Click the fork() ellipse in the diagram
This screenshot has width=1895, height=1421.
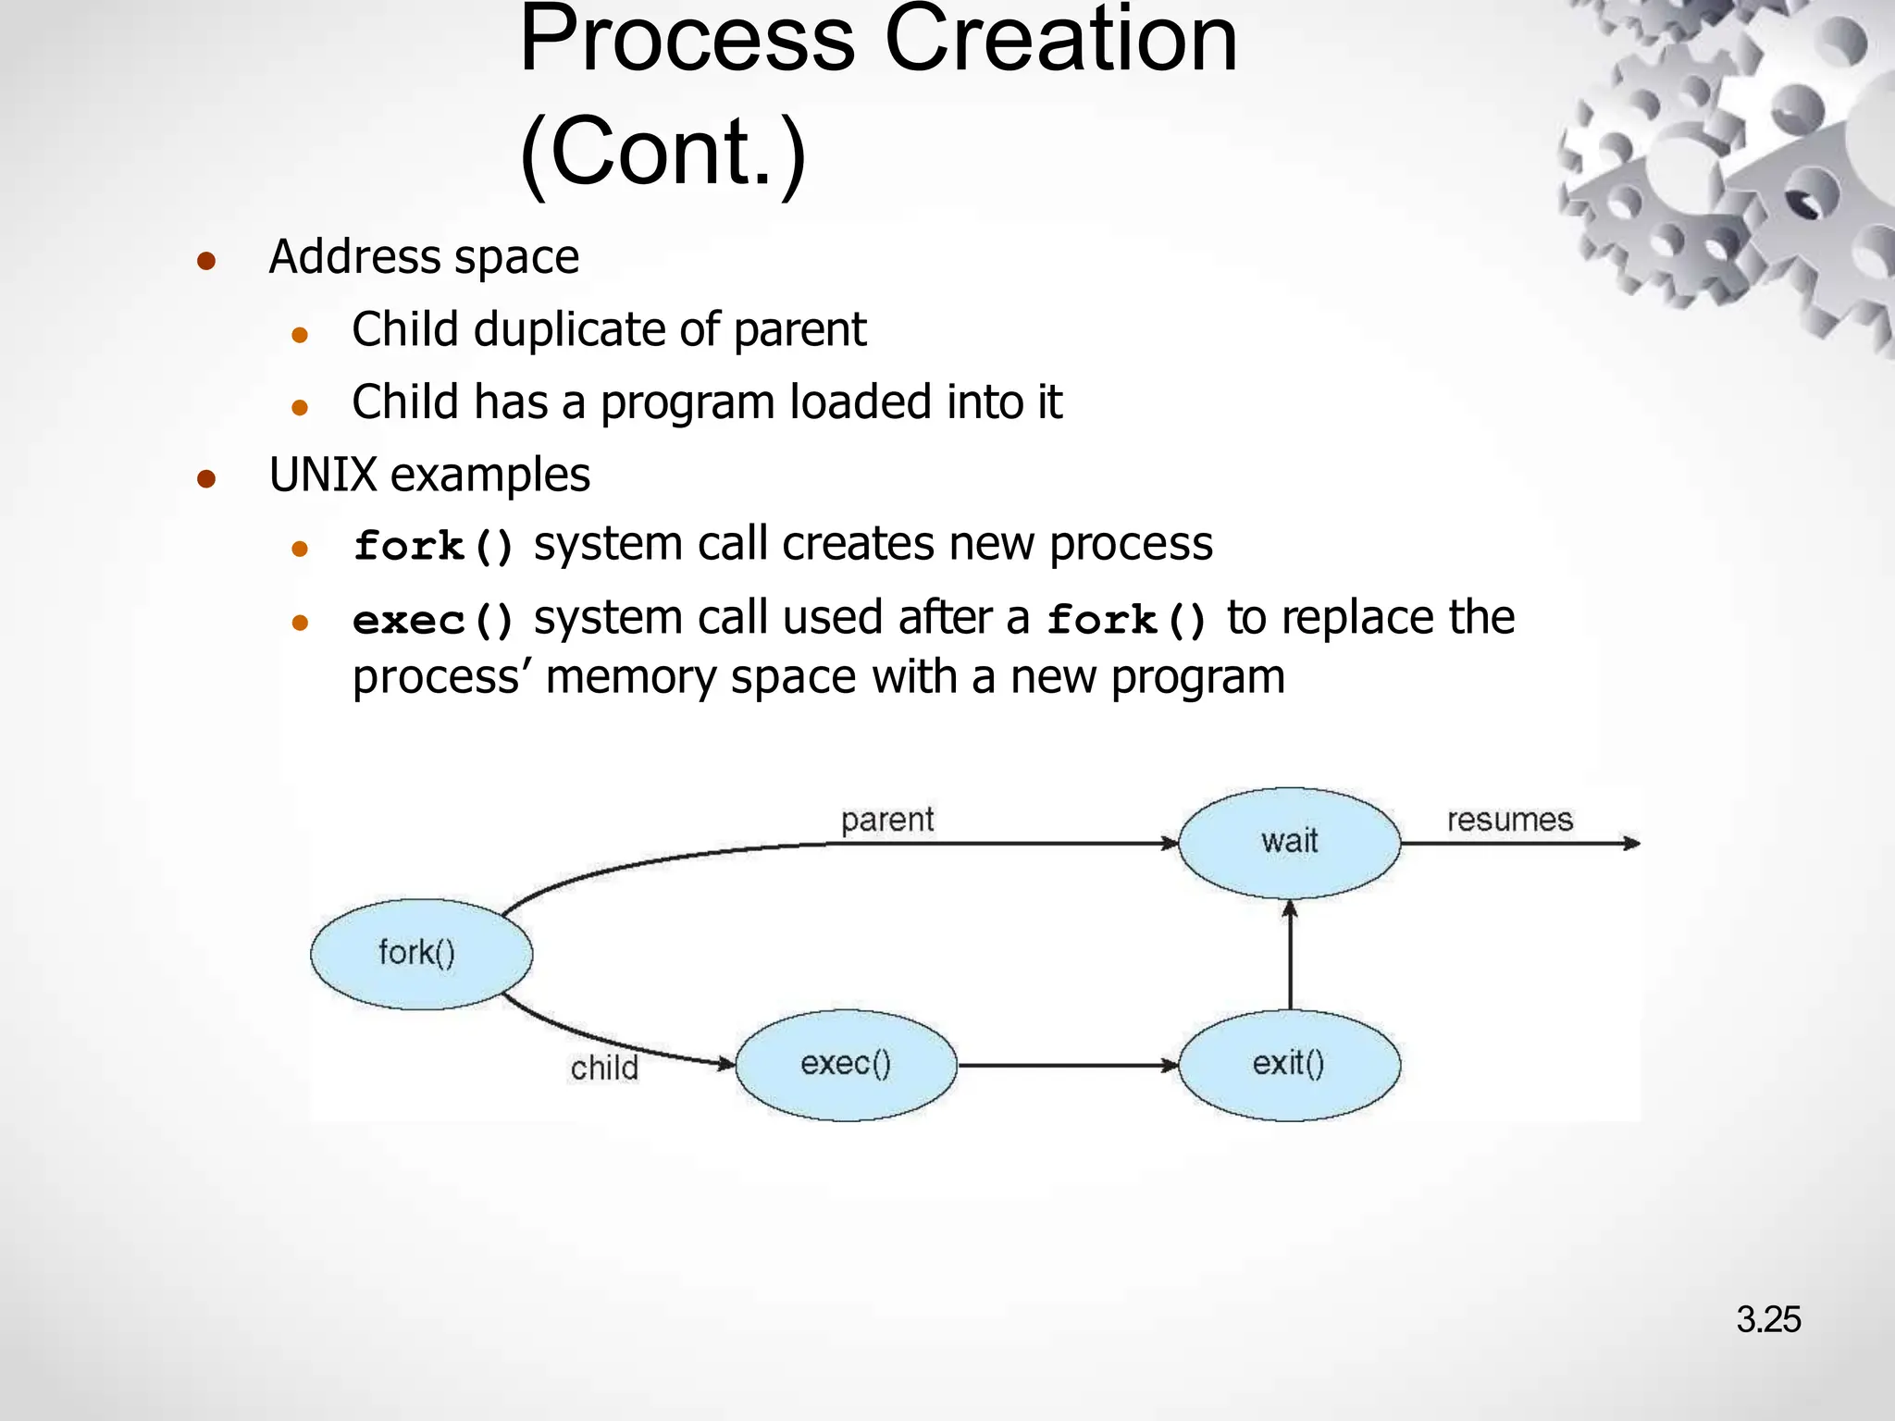(421, 954)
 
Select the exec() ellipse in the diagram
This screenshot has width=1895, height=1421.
(846, 1065)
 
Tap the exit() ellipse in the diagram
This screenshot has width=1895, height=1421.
(1289, 1065)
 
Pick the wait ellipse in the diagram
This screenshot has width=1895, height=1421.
(1289, 842)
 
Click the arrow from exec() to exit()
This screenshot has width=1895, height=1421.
(1064, 1066)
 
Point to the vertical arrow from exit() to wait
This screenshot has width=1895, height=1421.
(1290, 958)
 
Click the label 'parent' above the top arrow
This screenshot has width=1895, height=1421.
(886, 820)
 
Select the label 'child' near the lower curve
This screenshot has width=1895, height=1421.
(604, 1069)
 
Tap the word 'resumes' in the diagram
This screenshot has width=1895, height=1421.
(1509, 820)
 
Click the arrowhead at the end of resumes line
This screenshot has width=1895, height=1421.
(1632, 843)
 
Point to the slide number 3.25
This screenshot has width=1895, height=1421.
(1767, 1319)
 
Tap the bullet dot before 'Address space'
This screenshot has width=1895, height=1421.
(206, 261)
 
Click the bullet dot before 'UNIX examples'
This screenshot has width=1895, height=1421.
(206, 479)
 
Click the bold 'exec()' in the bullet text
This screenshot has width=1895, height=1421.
(433, 620)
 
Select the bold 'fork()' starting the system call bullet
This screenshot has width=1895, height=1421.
(433, 546)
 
